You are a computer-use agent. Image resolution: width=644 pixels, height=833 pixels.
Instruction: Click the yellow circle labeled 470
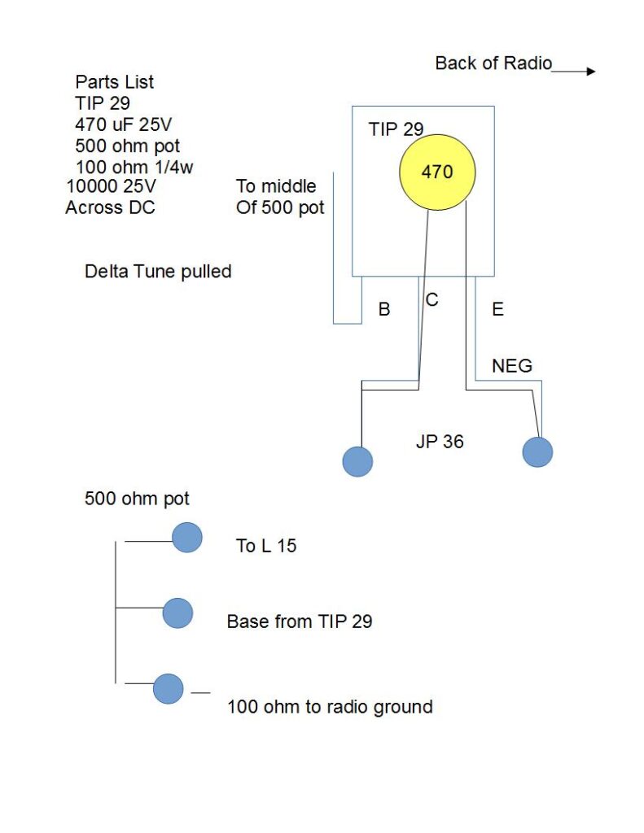(x=436, y=172)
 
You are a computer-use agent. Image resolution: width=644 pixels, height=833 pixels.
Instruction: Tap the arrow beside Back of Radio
(x=575, y=72)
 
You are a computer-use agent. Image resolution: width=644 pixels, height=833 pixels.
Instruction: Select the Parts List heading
(x=114, y=82)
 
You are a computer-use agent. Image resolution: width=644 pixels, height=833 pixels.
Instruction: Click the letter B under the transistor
(x=384, y=309)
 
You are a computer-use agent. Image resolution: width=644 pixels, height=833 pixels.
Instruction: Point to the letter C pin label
(x=432, y=300)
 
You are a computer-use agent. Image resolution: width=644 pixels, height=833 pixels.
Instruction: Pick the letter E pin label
(x=498, y=309)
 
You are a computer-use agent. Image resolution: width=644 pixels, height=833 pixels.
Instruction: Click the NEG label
(x=512, y=366)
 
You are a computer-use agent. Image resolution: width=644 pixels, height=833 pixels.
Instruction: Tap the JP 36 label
(x=440, y=443)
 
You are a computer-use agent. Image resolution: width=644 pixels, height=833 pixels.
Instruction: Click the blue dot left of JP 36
(x=358, y=461)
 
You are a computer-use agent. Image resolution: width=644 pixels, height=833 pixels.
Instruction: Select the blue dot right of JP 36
(x=537, y=451)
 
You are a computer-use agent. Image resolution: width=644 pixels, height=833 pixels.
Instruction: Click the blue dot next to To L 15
(x=187, y=538)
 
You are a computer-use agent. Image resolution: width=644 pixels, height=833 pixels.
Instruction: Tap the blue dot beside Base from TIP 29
(x=177, y=613)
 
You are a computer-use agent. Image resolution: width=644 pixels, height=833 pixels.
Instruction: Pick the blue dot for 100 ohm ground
(x=169, y=689)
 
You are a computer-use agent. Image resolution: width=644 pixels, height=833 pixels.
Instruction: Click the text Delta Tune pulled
(x=158, y=272)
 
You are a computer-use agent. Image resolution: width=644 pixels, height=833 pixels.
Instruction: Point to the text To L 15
(x=266, y=546)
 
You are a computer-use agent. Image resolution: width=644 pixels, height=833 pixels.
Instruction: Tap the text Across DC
(x=110, y=207)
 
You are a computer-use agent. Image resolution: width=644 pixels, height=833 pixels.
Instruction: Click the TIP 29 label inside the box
(x=396, y=129)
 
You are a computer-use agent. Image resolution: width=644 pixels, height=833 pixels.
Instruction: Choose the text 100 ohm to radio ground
(x=330, y=707)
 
